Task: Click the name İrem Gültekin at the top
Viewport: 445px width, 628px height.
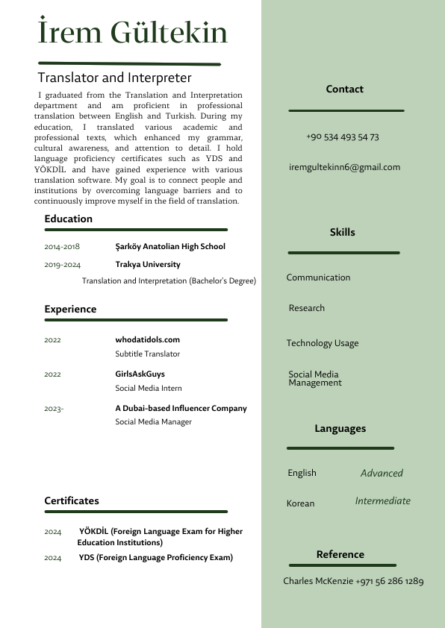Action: tap(133, 34)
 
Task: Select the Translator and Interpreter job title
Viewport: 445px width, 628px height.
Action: tap(114, 78)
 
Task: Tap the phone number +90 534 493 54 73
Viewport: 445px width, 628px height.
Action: tap(343, 137)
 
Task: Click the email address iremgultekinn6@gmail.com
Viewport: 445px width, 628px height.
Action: tap(344, 167)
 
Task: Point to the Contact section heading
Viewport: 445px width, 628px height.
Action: tap(344, 90)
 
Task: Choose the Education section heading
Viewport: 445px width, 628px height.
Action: tap(68, 219)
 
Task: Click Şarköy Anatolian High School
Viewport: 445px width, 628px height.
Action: tap(169, 246)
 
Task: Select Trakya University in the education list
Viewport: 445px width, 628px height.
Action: tap(147, 264)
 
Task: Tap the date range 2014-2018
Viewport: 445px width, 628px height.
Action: tap(62, 247)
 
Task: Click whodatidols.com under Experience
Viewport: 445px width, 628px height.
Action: tap(147, 339)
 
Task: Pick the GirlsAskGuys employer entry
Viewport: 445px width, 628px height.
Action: tap(140, 374)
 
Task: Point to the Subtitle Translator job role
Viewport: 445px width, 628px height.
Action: tap(147, 354)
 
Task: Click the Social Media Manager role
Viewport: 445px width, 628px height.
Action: tap(153, 422)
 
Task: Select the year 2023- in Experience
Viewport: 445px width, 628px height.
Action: tap(54, 409)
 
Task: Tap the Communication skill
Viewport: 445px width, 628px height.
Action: tap(318, 277)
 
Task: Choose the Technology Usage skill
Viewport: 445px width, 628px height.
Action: tap(322, 343)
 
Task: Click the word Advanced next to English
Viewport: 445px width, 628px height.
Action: tap(382, 474)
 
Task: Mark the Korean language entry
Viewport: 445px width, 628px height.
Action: tap(300, 503)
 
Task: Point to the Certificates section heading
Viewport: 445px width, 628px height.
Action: tap(71, 500)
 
